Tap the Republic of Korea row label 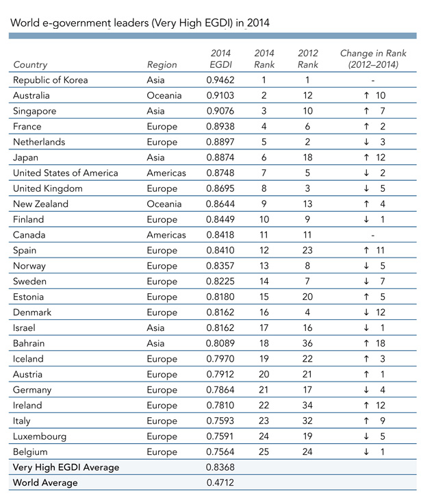(x=51, y=80)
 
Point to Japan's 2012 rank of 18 (x=309, y=158)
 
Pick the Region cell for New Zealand (x=164, y=204)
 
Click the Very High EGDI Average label (x=66, y=467)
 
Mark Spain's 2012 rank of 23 (x=309, y=251)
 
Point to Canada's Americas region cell (x=166, y=235)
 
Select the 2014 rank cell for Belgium (x=264, y=452)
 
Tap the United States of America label (x=66, y=173)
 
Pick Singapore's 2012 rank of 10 (x=309, y=111)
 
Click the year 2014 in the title (x=257, y=23)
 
